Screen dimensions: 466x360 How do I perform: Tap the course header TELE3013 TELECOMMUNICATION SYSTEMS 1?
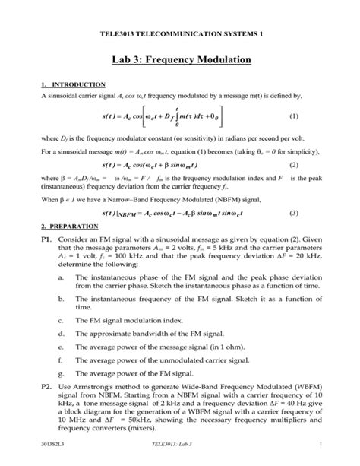pyautogui.click(x=179, y=35)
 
